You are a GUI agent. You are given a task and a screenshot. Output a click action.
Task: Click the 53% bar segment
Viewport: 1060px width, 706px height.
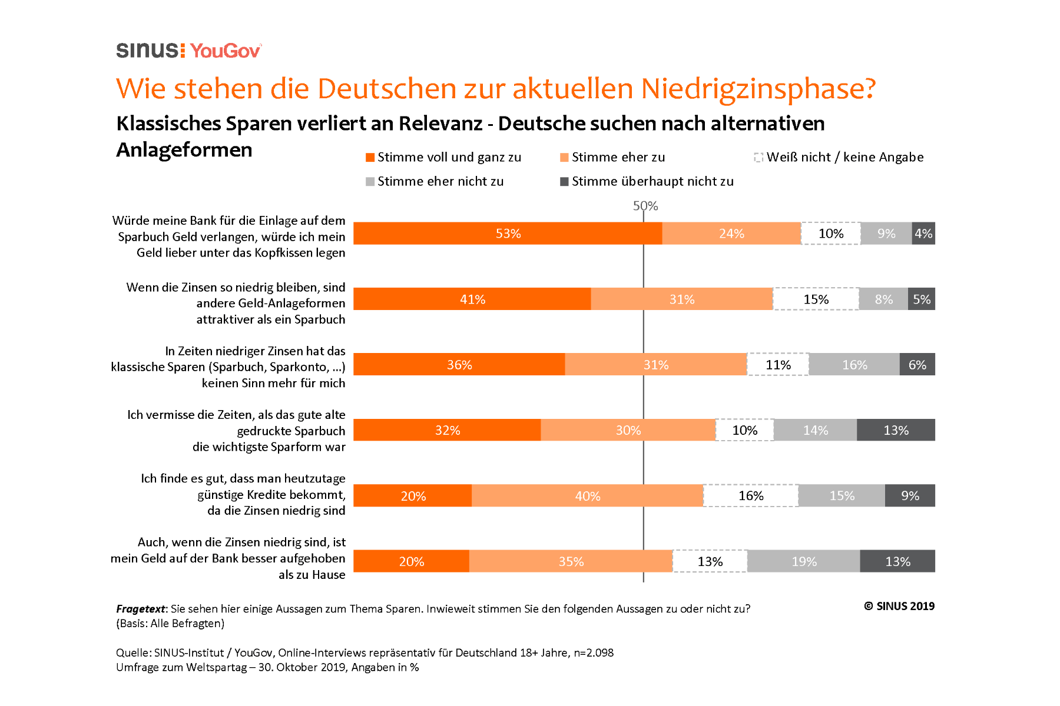click(508, 234)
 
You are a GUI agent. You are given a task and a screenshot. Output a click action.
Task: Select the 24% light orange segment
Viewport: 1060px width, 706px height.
click(731, 234)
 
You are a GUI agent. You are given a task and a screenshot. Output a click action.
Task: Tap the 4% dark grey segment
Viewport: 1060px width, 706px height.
click(923, 234)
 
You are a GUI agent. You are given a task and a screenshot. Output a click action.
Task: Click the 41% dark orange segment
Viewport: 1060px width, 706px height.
click(472, 299)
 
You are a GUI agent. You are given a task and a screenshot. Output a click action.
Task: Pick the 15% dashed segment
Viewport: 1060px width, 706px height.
click(816, 299)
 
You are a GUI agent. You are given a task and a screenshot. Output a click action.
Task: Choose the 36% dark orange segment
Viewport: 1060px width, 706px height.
click(459, 365)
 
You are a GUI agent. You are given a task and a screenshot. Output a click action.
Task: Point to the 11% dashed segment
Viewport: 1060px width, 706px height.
click(778, 365)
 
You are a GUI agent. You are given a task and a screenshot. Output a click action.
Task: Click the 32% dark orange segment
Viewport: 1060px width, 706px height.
click(447, 430)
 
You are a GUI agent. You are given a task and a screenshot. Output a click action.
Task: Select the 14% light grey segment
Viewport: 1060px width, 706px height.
click(816, 430)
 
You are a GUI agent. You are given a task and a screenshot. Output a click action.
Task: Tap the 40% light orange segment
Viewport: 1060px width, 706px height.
click(588, 496)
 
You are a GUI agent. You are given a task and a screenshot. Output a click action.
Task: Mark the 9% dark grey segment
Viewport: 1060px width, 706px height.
click(910, 496)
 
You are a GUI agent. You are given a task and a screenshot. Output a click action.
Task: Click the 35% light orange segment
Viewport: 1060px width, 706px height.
click(571, 561)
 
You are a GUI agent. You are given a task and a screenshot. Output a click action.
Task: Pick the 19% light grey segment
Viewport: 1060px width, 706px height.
click(804, 561)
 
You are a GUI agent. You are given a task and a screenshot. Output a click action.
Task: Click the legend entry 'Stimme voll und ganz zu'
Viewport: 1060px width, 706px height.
click(449, 157)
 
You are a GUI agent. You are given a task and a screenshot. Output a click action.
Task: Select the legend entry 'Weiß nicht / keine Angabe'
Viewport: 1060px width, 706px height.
click(844, 157)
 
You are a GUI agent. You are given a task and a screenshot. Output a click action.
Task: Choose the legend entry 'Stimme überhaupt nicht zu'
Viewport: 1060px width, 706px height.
click(652, 181)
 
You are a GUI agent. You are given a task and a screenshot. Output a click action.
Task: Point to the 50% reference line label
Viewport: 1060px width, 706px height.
click(645, 206)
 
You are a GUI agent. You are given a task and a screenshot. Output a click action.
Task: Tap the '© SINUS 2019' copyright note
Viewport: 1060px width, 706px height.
click(899, 606)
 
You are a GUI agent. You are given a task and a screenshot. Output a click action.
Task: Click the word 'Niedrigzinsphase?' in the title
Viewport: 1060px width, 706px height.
click(758, 89)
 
